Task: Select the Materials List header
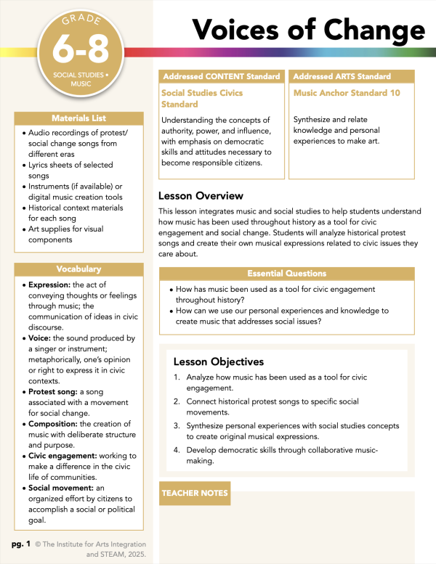(x=78, y=118)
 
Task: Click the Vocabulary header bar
(x=78, y=269)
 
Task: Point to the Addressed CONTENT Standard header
(x=221, y=76)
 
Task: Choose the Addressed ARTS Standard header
(x=333, y=76)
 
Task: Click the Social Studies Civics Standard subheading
(x=202, y=99)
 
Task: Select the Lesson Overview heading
(x=201, y=196)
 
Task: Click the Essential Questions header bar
(x=286, y=274)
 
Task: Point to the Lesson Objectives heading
(x=218, y=361)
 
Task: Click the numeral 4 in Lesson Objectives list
(x=177, y=450)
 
